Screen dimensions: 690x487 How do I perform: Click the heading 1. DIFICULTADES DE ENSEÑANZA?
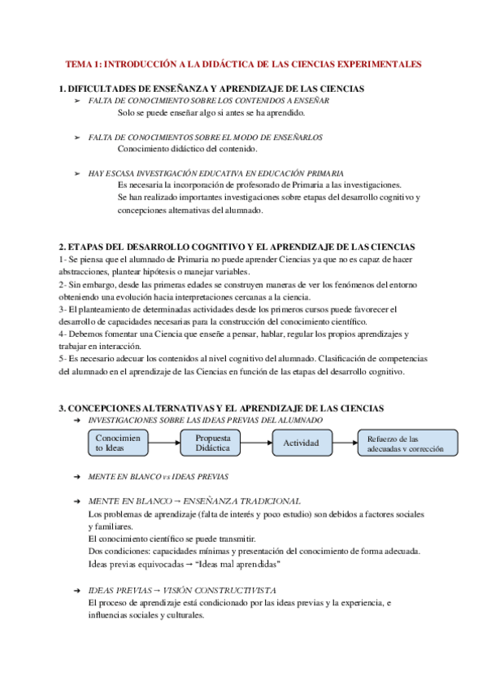(211, 88)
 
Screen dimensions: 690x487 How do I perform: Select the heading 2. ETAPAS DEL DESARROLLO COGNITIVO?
(237, 247)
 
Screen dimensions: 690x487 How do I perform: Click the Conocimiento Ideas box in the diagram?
(118, 443)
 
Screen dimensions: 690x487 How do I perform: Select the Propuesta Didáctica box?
(213, 443)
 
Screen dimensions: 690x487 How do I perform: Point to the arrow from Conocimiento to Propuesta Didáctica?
(166, 443)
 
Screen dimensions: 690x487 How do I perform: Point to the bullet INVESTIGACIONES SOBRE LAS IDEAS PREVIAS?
(205, 420)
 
